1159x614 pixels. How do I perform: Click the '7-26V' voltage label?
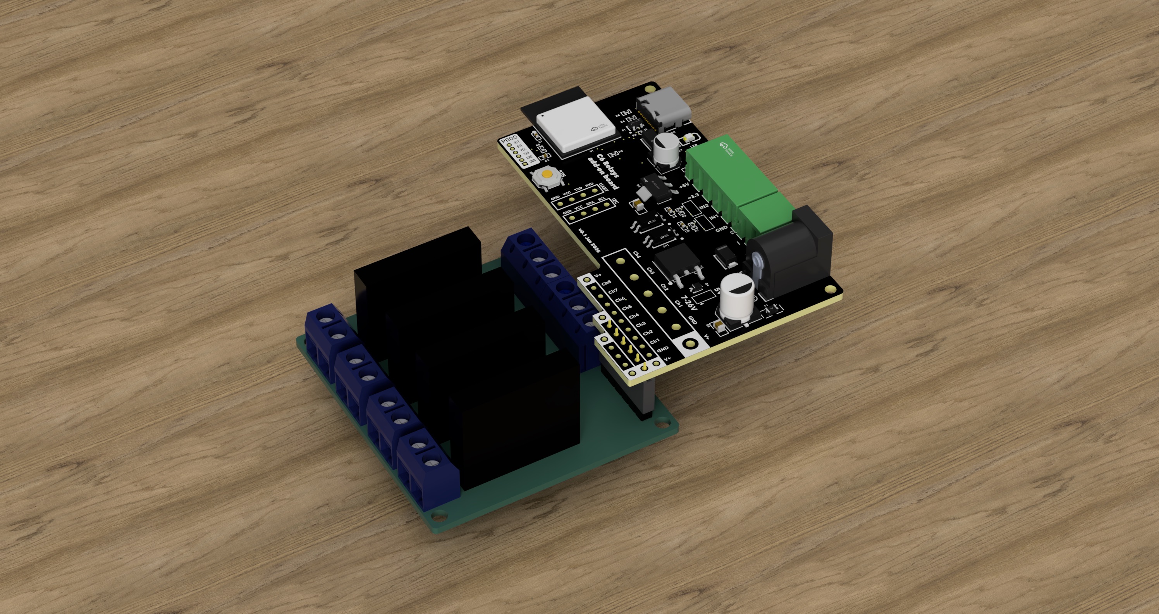click(x=689, y=306)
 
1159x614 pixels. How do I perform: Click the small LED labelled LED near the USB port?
click(x=687, y=137)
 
